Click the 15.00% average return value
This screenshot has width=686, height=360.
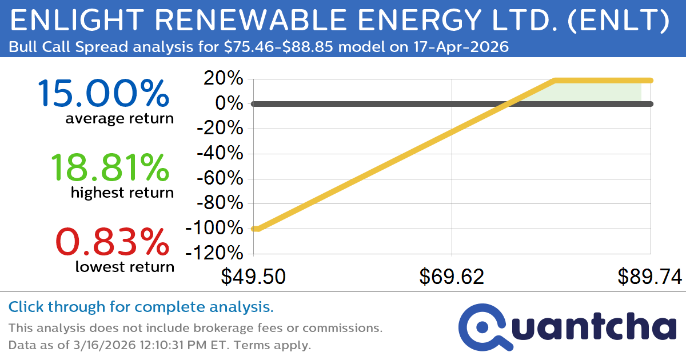(103, 94)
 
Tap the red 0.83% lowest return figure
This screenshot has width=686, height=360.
(113, 242)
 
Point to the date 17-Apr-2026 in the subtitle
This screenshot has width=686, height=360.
(461, 47)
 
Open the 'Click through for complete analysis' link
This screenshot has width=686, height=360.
(141, 307)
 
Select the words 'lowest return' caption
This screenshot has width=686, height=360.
(125, 266)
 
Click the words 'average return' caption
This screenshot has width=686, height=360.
(119, 118)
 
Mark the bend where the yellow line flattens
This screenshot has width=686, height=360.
(555, 81)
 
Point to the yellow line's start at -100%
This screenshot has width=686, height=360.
(255, 229)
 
